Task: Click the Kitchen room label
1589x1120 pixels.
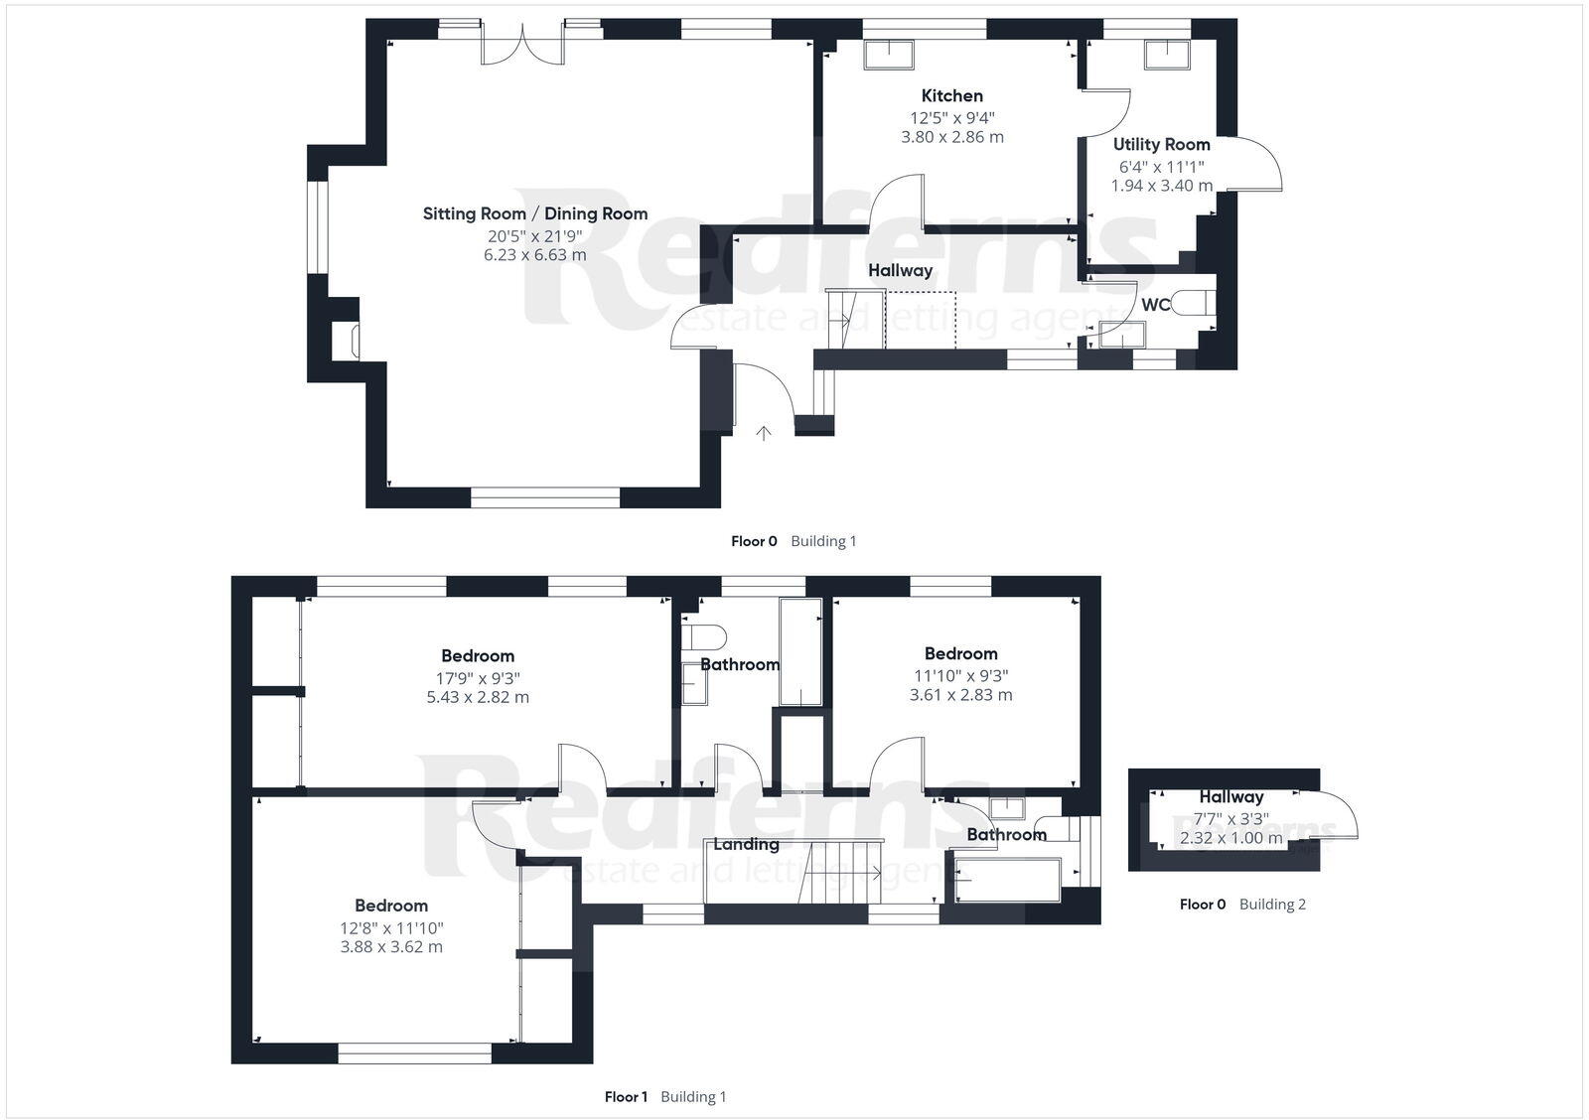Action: click(952, 96)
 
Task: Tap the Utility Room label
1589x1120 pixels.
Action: click(1161, 145)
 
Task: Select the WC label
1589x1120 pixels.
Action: click(1155, 305)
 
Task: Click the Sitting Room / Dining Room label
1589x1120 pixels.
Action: click(534, 213)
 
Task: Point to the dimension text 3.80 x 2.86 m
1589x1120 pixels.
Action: click(952, 137)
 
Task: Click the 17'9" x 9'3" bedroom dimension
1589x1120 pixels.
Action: click(478, 678)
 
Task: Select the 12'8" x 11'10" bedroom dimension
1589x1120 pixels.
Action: click(391, 928)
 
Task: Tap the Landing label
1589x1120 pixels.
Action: click(746, 844)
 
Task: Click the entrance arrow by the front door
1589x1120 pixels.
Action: click(764, 433)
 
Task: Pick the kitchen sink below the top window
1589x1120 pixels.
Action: click(889, 55)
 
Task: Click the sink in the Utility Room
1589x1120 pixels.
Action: click(1168, 55)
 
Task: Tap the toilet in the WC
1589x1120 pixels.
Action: click(1192, 303)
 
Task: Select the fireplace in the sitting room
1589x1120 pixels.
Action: click(355, 342)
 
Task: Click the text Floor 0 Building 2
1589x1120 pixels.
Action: click(1242, 905)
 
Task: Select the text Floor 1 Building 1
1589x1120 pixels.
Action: click(665, 1097)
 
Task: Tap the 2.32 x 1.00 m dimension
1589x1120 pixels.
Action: click(1230, 838)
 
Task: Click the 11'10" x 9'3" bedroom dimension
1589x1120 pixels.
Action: click(960, 676)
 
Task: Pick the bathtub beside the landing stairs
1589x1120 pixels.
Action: click(1006, 880)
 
